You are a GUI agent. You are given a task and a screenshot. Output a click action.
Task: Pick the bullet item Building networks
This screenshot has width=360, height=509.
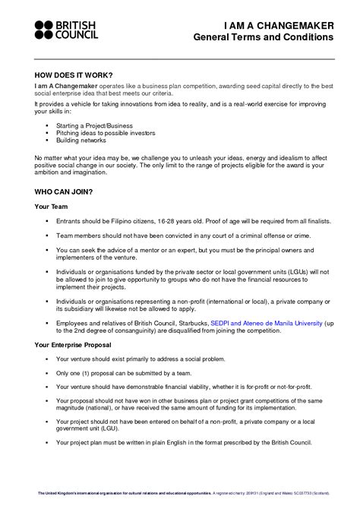tap(81, 140)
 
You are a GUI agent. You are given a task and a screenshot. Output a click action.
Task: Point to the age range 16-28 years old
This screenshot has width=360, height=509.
tap(186, 220)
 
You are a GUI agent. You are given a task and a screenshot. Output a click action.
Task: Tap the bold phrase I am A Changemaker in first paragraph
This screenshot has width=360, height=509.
tap(64, 86)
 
